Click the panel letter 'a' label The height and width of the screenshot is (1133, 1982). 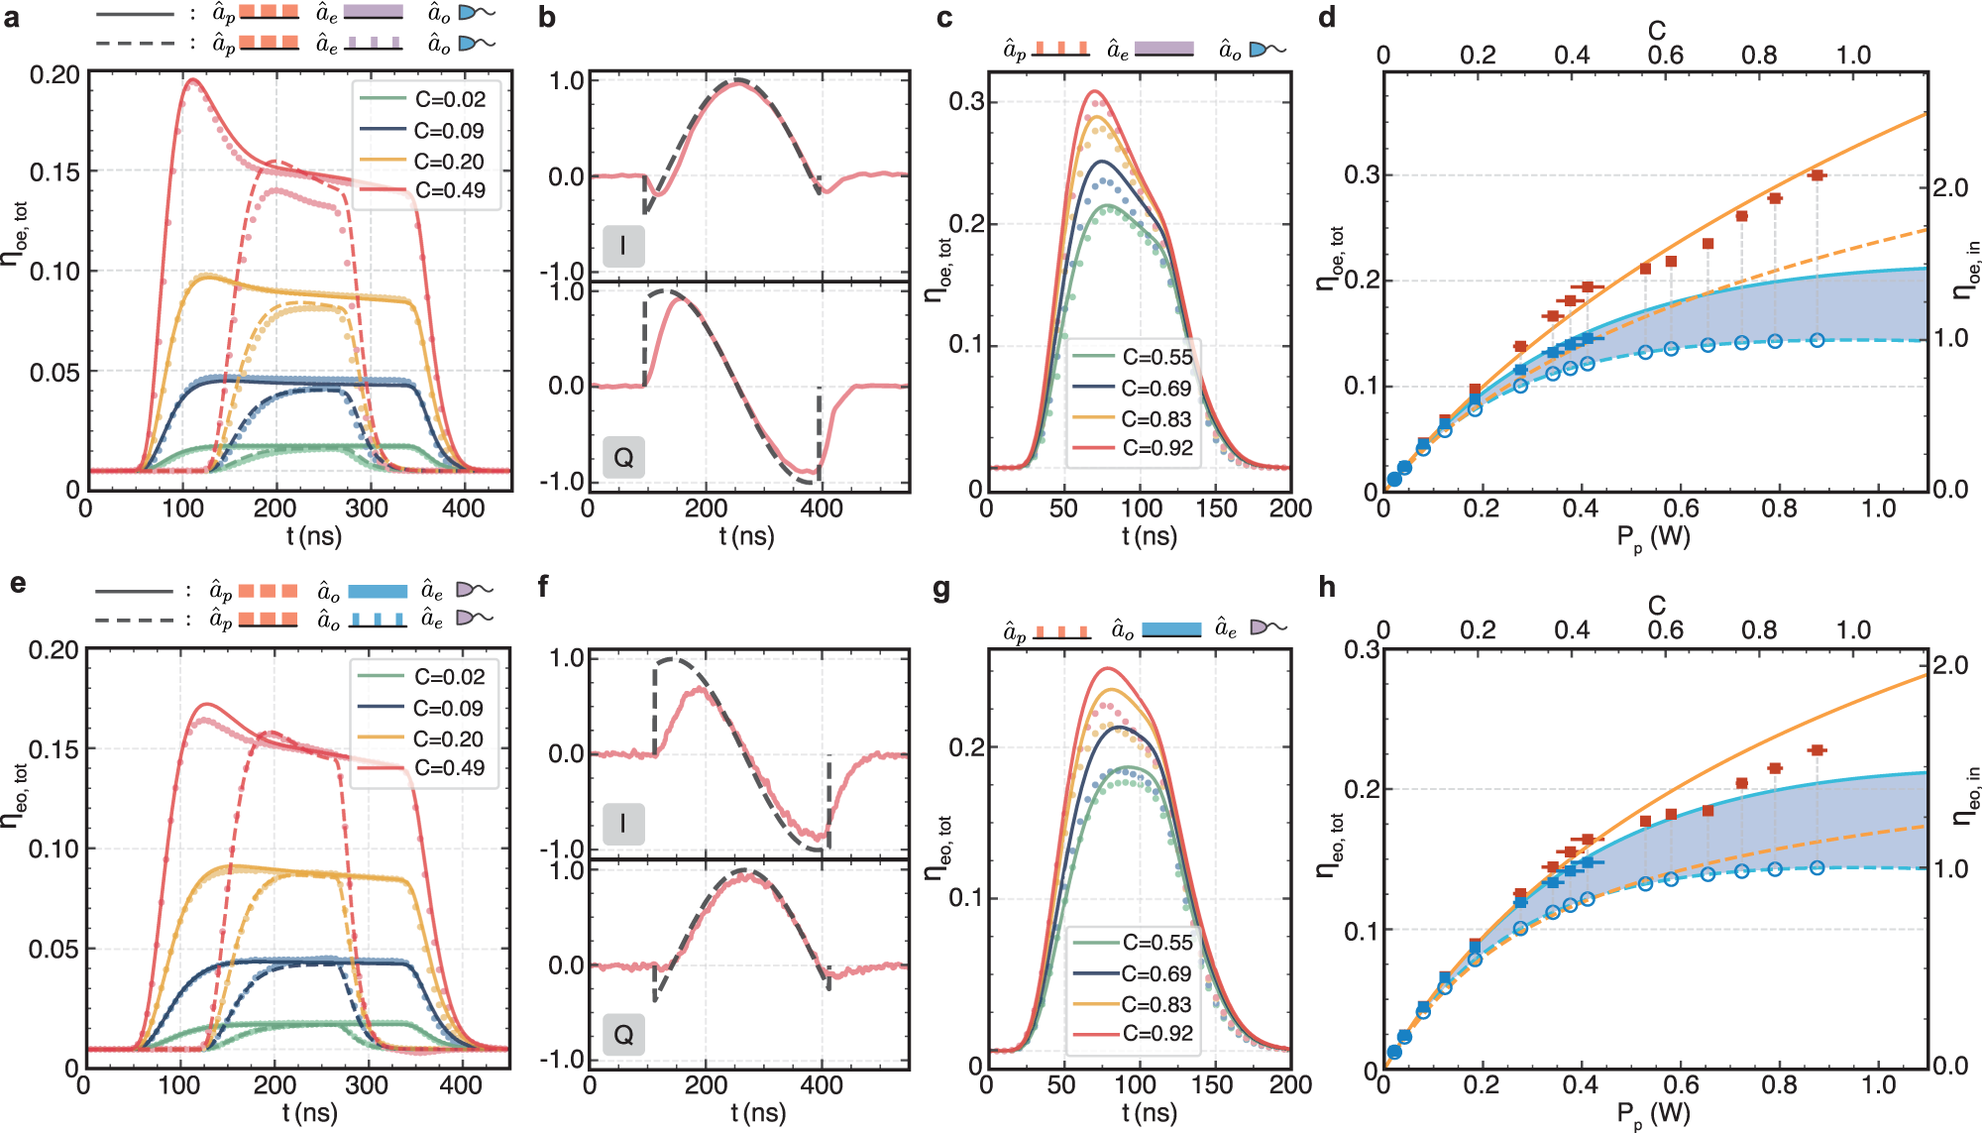pos(11,18)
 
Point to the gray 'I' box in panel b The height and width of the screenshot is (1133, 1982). pos(623,246)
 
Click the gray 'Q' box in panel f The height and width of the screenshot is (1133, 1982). pos(623,1035)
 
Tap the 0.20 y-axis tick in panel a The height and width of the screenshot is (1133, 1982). pos(55,75)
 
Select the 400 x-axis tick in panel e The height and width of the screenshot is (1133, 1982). pos(461,1085)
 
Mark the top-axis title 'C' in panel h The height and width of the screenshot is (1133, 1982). pos(1657,605)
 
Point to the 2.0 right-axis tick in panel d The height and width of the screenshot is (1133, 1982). pos(1951,187)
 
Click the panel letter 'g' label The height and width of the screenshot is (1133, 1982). pos(942,591)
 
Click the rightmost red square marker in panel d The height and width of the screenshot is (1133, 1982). pos(1817,175)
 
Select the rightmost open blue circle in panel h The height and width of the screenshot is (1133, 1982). pos(1817,868)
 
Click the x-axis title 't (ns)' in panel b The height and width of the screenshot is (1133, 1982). pos(746,536)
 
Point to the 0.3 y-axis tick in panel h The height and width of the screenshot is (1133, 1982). pos(1361,649)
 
